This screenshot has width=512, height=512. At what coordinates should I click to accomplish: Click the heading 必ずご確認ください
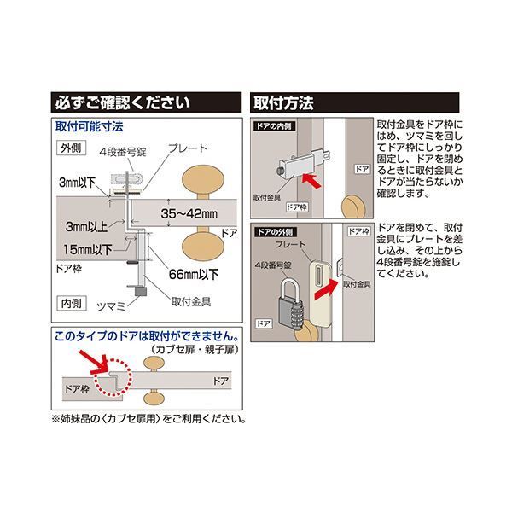point(122,103)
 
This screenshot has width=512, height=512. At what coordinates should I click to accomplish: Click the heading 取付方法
point(283,103)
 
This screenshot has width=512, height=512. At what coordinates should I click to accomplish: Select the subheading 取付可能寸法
point(89,126)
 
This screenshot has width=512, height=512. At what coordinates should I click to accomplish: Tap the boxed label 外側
point(71,148)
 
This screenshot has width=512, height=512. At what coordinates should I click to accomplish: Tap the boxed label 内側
point(71,303)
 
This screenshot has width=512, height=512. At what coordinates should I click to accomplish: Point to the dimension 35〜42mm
point(189,214)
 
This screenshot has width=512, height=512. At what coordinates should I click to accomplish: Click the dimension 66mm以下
point(194,274)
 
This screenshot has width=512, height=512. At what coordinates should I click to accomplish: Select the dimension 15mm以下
point(88,250)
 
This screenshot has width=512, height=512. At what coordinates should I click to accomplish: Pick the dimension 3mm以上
point(86,227)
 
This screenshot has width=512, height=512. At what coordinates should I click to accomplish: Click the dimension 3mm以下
point(77,183)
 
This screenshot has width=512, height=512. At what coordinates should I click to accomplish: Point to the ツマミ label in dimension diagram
point(111,306)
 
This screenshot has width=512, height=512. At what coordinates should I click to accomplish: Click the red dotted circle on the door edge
point(113,377)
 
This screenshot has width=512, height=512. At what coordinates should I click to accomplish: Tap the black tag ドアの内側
point(274,126)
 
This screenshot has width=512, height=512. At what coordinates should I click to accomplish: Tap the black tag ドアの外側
point(276,232)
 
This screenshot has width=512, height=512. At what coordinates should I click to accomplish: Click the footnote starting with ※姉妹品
point(148,419)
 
